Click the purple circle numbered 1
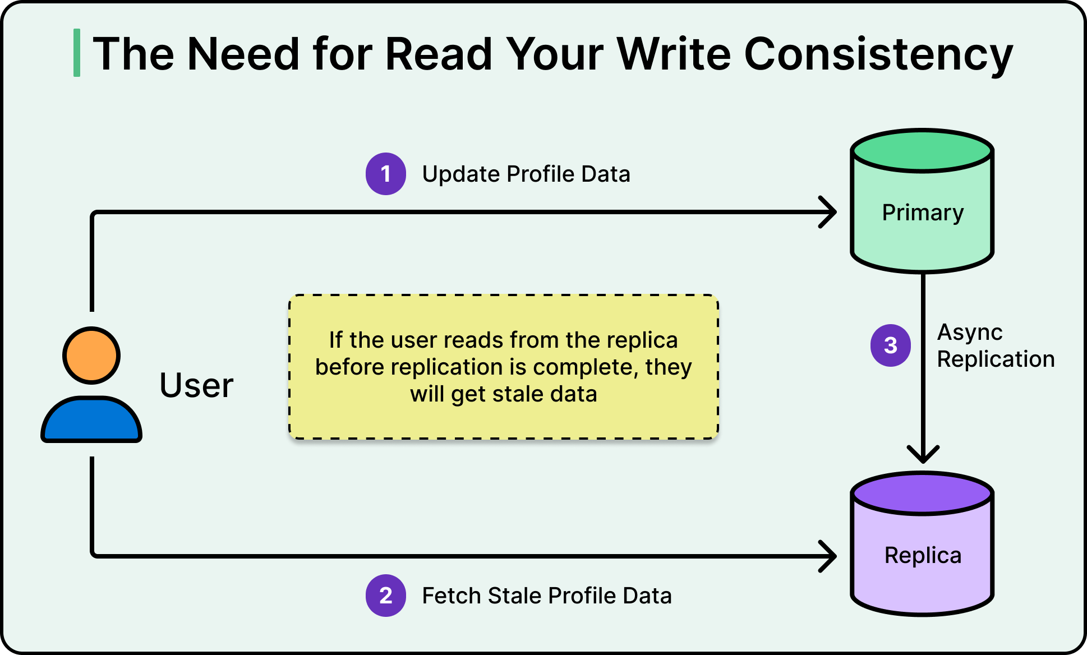tap(386, 174)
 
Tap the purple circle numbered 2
tap(386, 596)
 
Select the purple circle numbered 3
tap(891, 345)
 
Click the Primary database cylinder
tap(923, 213)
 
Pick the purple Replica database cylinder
tap(923, 555)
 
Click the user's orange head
tap(91, 356)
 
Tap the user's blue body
tap(91, 421)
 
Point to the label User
tap(196, 386)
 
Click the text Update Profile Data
tap(526, 174)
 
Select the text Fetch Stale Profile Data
tap(547, 596)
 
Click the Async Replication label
tap(996, 346)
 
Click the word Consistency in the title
tap(878, 54)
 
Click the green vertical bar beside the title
tap(77, 53)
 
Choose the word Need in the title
tap(243, 54)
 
